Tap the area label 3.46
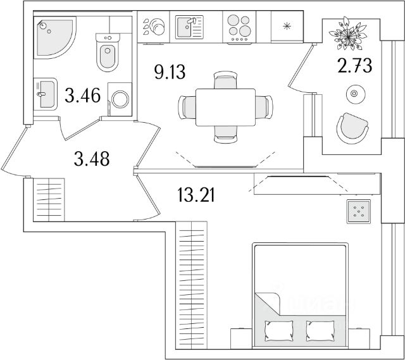click(x=82, y=97)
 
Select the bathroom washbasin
click(x=43, y=95)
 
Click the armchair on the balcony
click(x=352, y=127)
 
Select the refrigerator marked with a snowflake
click(x=286, y=27)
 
